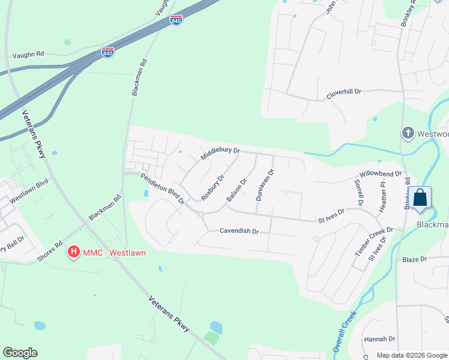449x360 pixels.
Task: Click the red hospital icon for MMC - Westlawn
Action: pyautogui.click(x=74, y=253)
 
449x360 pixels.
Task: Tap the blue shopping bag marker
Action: pyautogui.click(x=421, y=198)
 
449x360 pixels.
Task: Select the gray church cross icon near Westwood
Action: pyautogui.click(x=408, y=133)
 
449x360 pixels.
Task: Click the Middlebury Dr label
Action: pyautogui.click(x=220, y=154)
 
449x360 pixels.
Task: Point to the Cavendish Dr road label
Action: pyautogui.click(x=239, y=231)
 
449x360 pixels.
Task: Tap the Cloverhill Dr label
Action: pyautogui.click(x=343, y=93)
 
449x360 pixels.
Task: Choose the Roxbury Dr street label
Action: pyautogui.click(x=212, y=187)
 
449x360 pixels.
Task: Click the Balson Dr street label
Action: pyautogui.click(x=237, y=190)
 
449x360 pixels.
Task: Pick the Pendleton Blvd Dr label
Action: pyautogui.click(x=162, y=188)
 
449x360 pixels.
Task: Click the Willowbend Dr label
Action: pyautogui.click(x=377, y=174)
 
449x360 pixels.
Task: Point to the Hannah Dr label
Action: pyautogui.click(x=379, y=339)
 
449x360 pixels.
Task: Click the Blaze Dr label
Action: pyautogui.click(x=414, y=259)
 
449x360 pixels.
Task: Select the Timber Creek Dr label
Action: pyautogui.click(x=373, y=242)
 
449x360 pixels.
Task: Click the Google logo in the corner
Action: pyautogui.click(x=20, y=353)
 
